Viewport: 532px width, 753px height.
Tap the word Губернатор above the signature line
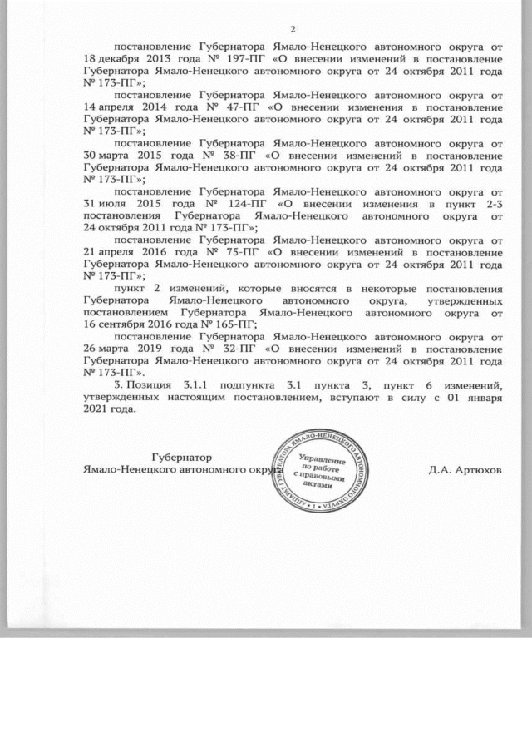[x=181, y=457]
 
